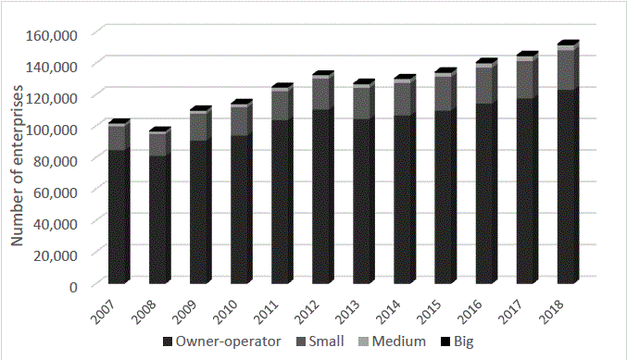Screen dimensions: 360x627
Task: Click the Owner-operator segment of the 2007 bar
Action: click(x=118, y=217)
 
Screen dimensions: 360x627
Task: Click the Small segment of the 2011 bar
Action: click(x=281, y=106)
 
